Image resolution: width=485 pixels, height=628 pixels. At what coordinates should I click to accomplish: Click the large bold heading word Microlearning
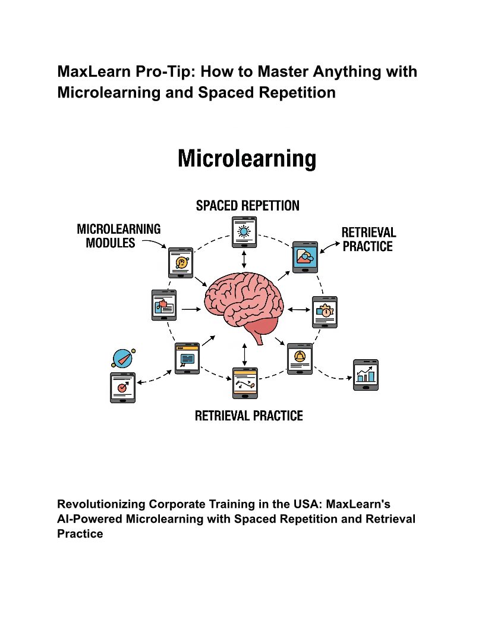247,159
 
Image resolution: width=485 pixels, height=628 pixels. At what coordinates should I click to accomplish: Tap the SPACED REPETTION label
248,206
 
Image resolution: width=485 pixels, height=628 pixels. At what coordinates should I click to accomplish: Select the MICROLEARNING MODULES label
118,235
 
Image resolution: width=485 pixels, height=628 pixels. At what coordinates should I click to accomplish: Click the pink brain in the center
244,300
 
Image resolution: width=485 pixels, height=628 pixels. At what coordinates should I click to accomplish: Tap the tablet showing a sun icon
244,232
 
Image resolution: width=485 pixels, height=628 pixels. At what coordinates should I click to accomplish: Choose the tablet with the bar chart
366,375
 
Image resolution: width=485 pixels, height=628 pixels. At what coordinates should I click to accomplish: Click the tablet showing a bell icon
300,359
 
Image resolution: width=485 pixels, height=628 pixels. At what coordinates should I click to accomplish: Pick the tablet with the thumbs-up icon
163,305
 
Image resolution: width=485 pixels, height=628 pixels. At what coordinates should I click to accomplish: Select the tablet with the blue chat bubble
187,358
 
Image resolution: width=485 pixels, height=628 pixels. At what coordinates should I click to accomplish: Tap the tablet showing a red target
122,387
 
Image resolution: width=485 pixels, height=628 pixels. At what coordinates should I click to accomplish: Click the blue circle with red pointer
122,358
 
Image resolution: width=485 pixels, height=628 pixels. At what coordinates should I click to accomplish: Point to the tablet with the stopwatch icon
325,312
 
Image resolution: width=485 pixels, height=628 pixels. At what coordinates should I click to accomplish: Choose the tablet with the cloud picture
305,257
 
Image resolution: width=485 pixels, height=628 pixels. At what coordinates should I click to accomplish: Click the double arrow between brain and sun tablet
244,259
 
